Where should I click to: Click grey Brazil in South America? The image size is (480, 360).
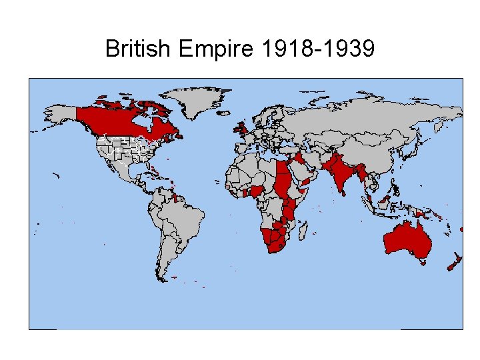pos(183,220)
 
